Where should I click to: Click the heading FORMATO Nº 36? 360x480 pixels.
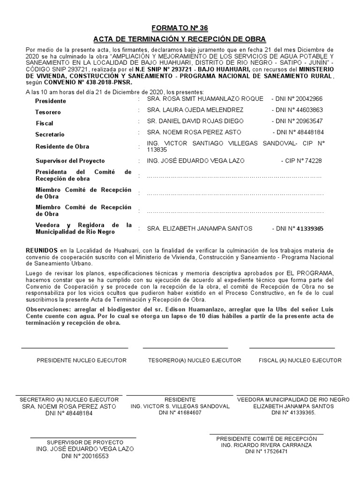[x=180, y=28]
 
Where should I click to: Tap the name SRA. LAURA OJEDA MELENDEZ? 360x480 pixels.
[x=195, y=110]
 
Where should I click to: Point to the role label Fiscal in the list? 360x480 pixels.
[x=45, y=123]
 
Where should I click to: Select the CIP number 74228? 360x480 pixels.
[x=309, y=161]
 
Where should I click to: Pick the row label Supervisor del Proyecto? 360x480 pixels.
[x=70, y=161]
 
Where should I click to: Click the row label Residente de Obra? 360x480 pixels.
[x=62, y=147]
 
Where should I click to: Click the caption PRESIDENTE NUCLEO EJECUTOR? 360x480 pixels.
[x=82, y=360]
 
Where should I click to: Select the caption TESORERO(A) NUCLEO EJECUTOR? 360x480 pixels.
[x=195, y=360]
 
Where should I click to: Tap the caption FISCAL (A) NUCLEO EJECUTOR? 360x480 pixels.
[x=300, y=360]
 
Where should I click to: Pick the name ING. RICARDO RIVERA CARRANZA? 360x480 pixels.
[x=266, y=444]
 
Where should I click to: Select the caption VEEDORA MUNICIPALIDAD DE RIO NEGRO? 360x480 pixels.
[x=293, y=399]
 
